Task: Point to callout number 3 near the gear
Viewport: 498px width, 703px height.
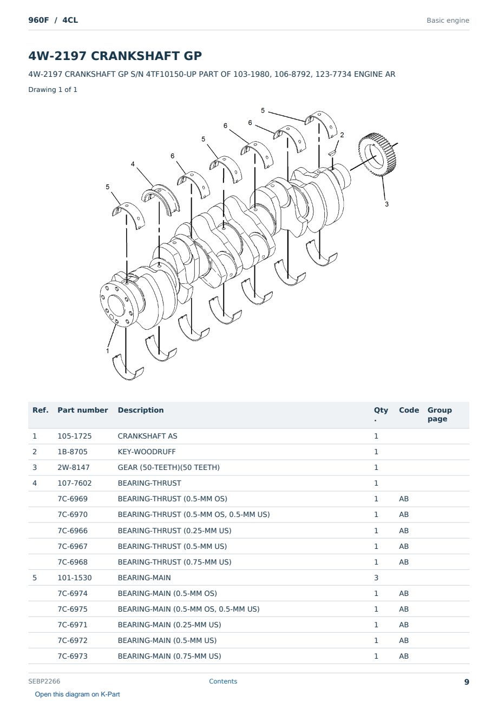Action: point(387,204)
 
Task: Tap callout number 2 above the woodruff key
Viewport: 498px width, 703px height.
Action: point(342,135)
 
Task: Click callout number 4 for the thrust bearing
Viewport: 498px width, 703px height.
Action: point(133,164)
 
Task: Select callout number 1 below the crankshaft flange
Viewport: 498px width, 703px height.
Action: point(108,350)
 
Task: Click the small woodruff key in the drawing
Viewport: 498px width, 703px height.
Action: point(332,153)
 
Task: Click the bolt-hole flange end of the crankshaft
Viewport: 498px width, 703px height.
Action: point(119,304)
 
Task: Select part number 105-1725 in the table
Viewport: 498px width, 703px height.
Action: point(75,436)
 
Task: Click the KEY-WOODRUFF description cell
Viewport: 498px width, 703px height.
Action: point(146,452)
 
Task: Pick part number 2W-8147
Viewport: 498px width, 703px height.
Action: point(74,467)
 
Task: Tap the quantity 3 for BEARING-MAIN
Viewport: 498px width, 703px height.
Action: point(376,578)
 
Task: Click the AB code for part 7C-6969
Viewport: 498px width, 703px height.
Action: point(404,499)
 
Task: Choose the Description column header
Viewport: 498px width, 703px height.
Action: point(141,410)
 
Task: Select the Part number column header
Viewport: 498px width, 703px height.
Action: point(83,410)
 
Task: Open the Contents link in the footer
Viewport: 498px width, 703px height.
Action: point(223,681)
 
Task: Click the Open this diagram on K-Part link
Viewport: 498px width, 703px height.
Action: point(77,694)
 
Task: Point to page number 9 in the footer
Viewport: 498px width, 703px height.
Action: point(467,682)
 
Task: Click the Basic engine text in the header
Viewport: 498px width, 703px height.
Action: point(448,21)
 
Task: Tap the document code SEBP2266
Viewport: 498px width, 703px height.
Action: point(44,681)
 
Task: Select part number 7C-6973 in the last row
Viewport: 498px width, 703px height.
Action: point(73,656)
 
